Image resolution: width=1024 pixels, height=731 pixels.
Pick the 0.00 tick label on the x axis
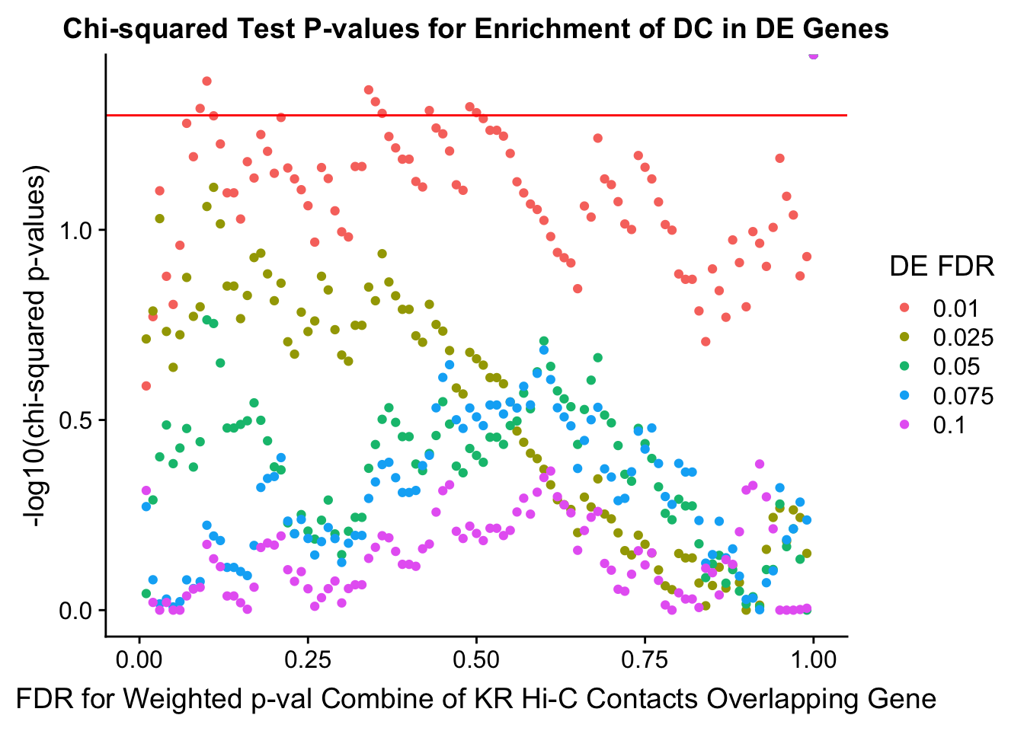(139, 659)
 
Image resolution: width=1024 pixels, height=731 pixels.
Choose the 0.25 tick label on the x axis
(307, 659)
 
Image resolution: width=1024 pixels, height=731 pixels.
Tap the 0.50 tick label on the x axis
(476, 659)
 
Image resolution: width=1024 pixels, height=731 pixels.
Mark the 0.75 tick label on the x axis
(645, 659)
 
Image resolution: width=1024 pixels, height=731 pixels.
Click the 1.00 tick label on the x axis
(813, 659)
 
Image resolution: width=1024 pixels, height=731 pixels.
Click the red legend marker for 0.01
(905, 308)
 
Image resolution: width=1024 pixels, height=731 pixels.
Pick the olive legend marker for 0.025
(905, 337)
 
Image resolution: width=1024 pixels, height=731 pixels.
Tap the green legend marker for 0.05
(905, 366)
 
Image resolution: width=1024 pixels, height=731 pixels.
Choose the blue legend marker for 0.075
(905, 395)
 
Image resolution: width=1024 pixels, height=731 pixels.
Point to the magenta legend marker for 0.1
(905, 424)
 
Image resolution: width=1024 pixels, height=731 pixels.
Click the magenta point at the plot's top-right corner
(813, 55)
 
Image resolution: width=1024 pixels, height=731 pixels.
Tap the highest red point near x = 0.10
(206, 81)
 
